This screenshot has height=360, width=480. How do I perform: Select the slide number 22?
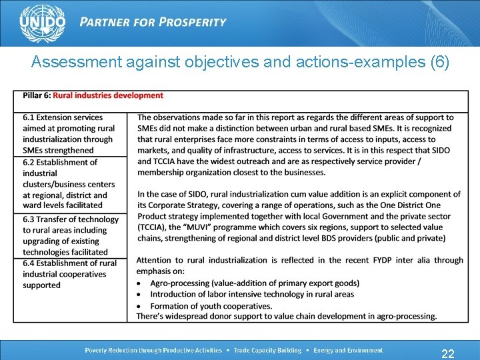click(x=448, y=354)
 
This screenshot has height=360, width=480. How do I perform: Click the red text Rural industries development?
click(x=108, y=95)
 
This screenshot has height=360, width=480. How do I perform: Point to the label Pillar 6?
click(x=37, y=95)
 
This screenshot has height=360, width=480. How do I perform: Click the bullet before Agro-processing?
click(x=140, y=283)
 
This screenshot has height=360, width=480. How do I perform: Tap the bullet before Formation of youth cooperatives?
click(x=140, y=305)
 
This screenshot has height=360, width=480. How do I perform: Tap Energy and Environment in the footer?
click(x=348, y=350)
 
